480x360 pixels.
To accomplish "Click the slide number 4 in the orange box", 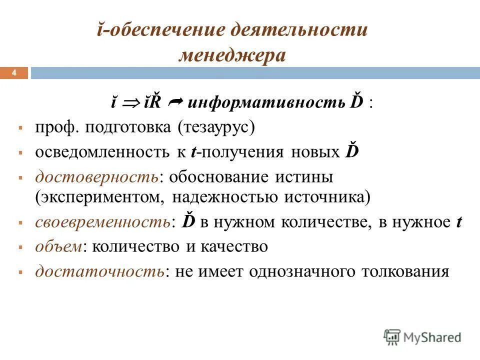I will (x=14, y=73).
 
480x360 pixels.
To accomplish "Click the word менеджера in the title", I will (x=232, y=55).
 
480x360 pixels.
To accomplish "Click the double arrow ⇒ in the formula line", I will (x=131, y=103).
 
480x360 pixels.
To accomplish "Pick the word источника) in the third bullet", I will (x=327, y=196).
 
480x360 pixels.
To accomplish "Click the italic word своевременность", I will (x=102, y=222).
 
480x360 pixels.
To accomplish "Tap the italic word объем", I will (x=55, y=246).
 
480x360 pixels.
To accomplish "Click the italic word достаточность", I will (x=99, y=271).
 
